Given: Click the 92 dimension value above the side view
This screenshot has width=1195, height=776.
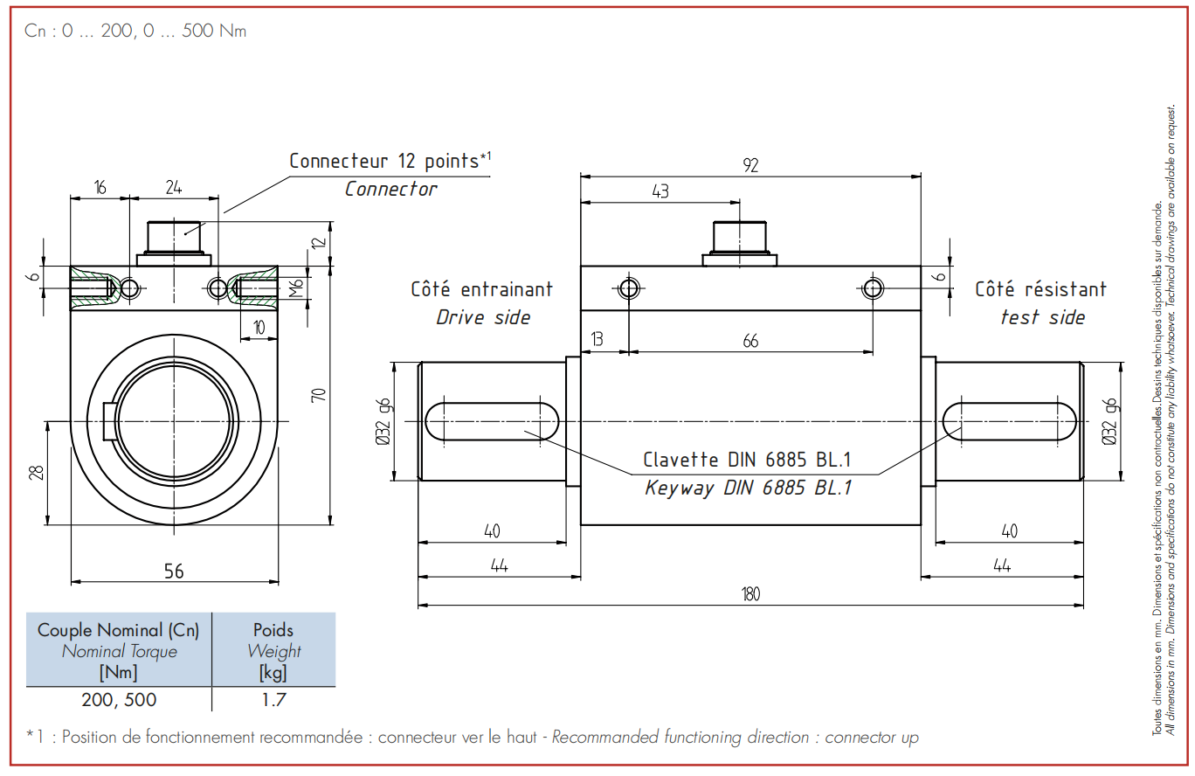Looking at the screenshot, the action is pos(750,165).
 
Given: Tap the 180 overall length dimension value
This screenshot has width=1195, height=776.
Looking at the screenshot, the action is pos(750,594).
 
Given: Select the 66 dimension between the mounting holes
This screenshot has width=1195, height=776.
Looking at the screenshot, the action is pos(750,341).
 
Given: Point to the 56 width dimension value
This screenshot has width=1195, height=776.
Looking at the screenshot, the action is pos(174,572).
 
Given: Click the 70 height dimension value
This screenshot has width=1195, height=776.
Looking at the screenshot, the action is pos(319,395).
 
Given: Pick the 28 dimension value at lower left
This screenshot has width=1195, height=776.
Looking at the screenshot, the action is pos(37,472).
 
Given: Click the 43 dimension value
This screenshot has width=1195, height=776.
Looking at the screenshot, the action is pos(660,191).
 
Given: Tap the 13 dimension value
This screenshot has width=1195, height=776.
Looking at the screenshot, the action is pos(597,339).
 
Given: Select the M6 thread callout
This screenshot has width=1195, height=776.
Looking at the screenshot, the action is pos(295,288).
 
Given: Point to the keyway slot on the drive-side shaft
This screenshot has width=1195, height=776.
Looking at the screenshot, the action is pos(491,421).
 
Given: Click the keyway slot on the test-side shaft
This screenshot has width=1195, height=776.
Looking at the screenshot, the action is pos(1009,421).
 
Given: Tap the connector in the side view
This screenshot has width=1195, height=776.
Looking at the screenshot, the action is pos(739,244).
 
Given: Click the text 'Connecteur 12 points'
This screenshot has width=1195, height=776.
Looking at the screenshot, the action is pos(384,161).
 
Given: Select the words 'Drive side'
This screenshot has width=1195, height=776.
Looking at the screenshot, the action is pos(483,317).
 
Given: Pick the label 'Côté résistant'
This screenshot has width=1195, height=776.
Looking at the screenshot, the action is pos(1041,289).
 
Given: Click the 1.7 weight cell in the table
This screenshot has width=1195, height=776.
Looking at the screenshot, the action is pos(273,700).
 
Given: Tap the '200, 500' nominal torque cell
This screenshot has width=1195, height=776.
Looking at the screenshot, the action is pos(119,700).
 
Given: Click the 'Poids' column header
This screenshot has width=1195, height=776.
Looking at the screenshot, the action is pos(273,630).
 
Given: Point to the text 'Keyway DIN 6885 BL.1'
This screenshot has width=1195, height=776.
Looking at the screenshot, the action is pos(748,488).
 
